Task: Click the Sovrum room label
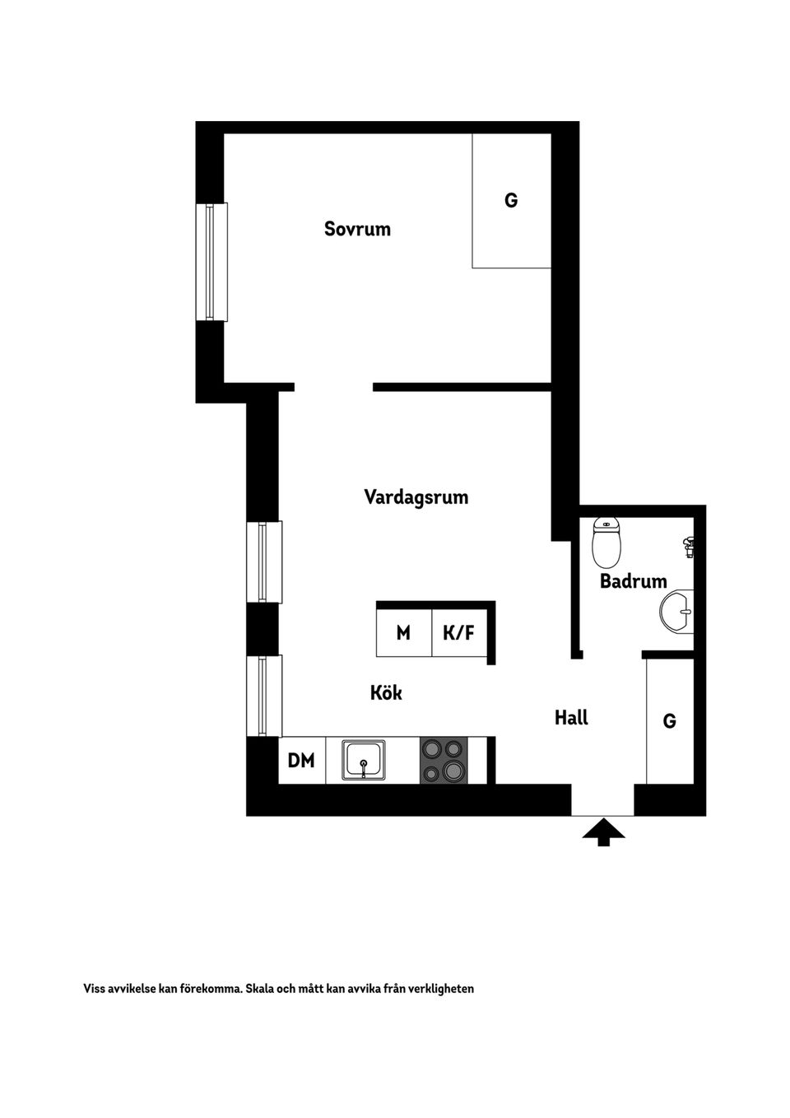click(357, 229)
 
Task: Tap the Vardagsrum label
click(416, 497)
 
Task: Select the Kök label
click(386, 693)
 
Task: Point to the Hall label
click(571, 718)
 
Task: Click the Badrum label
click(633, 581)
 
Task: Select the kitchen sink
click(364, 760)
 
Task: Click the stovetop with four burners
click(444, 760)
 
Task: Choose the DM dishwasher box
click(301, 761)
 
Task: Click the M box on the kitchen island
click(403, 633)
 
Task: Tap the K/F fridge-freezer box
click(458, 633)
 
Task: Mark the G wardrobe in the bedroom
click(511, 201)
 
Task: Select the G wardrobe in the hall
click(669, 721)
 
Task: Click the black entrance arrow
click(603, 832)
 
